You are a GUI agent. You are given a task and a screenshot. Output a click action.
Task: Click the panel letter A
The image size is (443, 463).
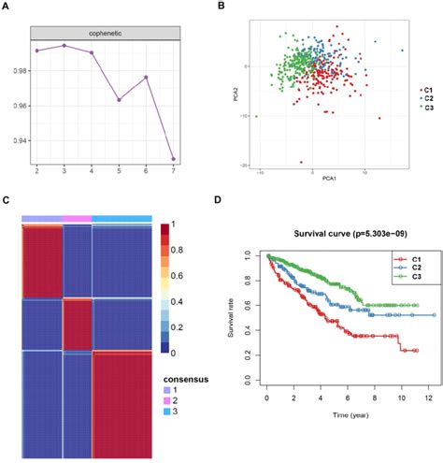(x=7, y=7)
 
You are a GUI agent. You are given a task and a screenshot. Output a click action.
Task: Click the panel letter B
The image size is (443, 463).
(x=221, y=7)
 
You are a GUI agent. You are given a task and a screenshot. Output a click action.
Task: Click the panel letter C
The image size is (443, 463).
(x=7, y=200)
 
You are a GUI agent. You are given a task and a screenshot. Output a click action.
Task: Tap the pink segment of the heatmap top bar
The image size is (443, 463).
(x=77, y=218)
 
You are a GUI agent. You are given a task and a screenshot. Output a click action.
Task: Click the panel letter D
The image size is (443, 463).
(x=221, y=200)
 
